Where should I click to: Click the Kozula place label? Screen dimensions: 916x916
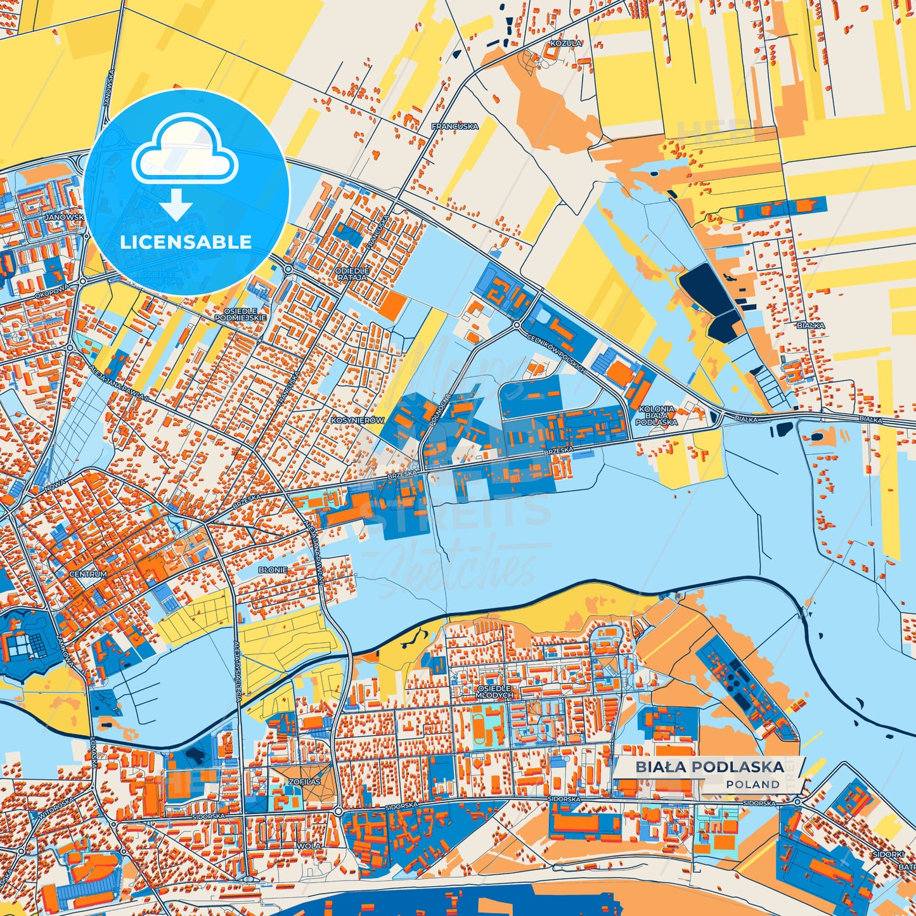(566, 43)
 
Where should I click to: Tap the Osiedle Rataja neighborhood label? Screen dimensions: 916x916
(352, 274)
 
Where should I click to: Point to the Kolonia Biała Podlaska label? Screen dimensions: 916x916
(657, 415)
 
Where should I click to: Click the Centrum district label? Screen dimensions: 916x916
(88, 574)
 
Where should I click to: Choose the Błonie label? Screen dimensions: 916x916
(273, 570)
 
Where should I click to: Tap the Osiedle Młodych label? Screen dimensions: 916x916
(494, 692)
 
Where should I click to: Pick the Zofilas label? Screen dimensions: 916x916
(305, 782)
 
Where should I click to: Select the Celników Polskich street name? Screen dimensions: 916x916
(556, 354)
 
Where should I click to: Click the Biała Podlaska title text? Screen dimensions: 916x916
(709, 767)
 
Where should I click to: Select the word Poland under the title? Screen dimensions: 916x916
(752, 784)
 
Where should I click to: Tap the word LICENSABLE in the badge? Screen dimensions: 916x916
(186, 242)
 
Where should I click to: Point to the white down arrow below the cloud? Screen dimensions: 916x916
(176, 204)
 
